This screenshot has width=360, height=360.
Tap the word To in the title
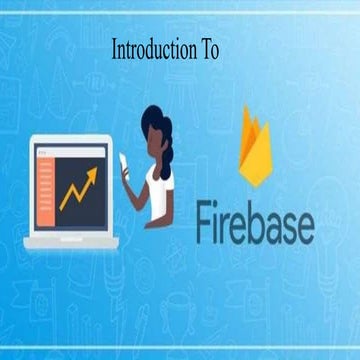pos(210,49)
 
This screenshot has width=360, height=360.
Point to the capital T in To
pos(206,49)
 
